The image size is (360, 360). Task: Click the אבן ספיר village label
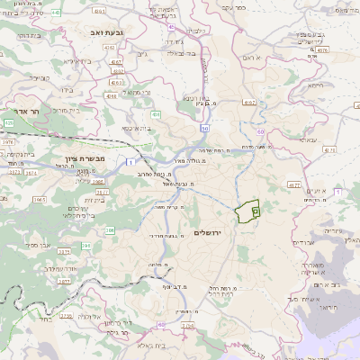click(x=38, y=244)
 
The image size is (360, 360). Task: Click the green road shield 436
click(x=157, y=115)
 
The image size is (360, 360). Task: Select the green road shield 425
click(x=8, y=121)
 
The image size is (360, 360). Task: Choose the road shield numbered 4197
click(x=249, y=103)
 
